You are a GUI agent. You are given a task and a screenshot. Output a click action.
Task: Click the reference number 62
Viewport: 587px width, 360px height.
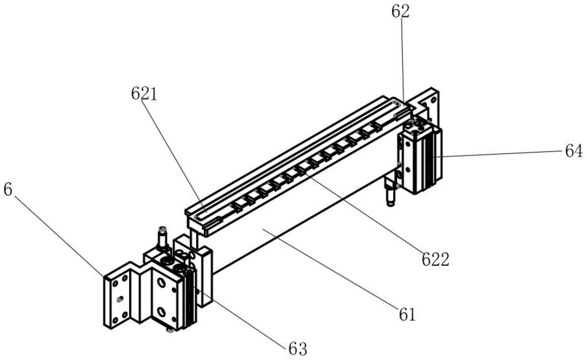(400, 12)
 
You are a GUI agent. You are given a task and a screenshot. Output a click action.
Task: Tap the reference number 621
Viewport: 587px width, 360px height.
(144, 94)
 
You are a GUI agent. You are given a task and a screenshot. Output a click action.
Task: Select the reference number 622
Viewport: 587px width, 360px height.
(435, 260)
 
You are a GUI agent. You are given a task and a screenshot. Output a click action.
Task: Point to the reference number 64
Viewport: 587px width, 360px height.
(573, 151)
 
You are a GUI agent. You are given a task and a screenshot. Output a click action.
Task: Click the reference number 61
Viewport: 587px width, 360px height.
(407, 315)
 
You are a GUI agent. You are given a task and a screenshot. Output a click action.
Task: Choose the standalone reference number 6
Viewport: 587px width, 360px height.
(8, 190)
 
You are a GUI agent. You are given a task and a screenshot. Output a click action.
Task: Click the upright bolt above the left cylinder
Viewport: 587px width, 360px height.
(162, 238)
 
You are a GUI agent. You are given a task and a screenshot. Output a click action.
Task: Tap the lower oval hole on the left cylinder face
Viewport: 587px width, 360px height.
(162, 311)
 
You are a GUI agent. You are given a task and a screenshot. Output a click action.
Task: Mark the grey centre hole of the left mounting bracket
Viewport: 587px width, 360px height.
(120, 299)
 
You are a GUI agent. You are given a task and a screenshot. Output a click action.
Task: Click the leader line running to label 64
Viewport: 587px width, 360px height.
(499, 154)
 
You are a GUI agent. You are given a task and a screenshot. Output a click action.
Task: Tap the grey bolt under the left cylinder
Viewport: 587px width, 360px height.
(170, 331)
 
